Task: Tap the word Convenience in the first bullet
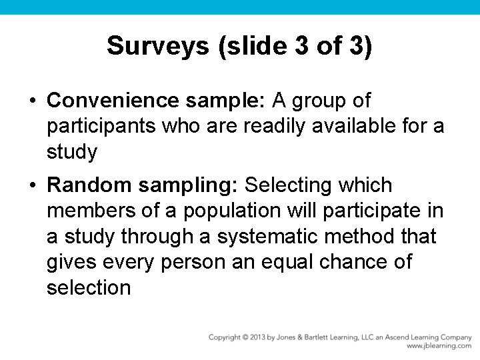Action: [x=113, y=101]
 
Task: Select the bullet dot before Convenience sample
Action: [x=32, y=101]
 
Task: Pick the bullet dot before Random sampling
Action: [x=32, y=185]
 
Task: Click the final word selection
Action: [x=89, y=288]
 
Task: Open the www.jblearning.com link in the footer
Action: [x=439, y=346]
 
